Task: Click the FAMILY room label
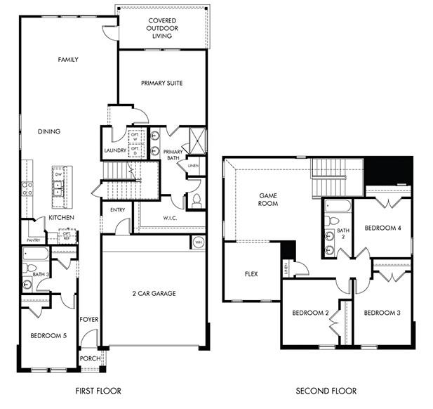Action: click(x=67, y=60)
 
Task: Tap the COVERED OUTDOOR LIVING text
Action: click(x=162, y=28)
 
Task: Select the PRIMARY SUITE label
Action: click(x=161, y=83)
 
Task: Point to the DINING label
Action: click(x=49, y=131)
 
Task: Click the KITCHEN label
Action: click(x=62, y=218)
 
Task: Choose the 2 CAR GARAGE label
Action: click(x=154, y=293)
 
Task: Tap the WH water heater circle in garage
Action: click(x=198, y=242)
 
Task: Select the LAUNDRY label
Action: click(x=114, y=150)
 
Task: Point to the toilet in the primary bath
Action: click(x=196, y=201)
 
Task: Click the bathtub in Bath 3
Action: click(x=35, y=254)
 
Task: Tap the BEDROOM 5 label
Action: click(x=48, y=336)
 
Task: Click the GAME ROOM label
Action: click(x=268, y=200)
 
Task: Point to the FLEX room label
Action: click(x=251, y=273)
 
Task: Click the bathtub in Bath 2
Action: click(x=336, y=206)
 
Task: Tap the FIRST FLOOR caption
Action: click(x=98, y=391)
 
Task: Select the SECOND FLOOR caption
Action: click(x=326, y=391)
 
